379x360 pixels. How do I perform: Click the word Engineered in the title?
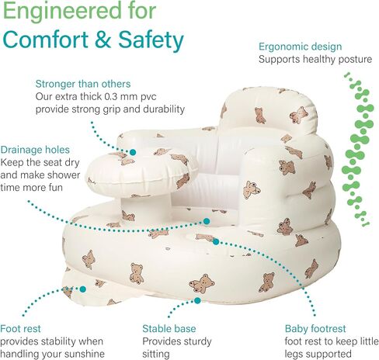(62, 12)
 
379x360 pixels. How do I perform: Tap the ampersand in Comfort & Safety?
(103, 40)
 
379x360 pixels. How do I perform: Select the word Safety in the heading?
(151, 40)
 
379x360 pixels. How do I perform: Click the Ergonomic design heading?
(301, 47)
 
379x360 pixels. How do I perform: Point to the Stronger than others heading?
(83, 84)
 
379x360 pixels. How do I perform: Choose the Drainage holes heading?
(35, 150)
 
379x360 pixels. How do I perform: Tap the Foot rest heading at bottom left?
(20, 329)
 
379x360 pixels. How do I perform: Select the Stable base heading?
(169, 329)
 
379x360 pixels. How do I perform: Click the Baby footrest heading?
(315, 329)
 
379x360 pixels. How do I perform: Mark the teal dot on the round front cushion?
(133, 152)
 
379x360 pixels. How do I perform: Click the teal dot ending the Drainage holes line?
(207, 221)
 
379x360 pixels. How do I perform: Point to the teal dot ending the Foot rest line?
(82, 289)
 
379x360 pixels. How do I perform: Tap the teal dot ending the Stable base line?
(197, 300)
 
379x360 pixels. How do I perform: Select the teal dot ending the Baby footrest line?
(216, 242)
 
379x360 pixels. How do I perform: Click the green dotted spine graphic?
(358, 150)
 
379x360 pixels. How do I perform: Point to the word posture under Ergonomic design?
(355, 60)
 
